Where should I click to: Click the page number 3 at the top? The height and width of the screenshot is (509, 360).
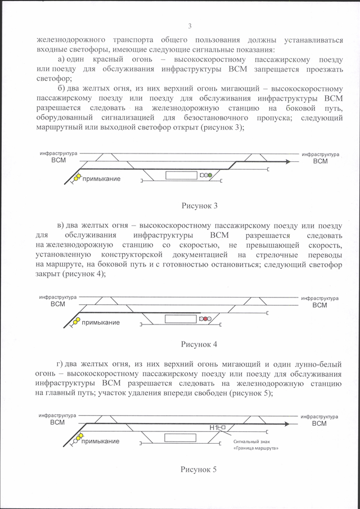tap(190, 26)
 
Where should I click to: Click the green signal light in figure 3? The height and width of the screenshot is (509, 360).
tap(210, 175)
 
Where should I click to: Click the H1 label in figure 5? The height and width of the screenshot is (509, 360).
tap(213, 428)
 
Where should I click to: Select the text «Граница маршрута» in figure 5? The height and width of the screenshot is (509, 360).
tap(256, 448)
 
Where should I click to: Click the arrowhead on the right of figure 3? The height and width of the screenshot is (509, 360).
tap(288, 161)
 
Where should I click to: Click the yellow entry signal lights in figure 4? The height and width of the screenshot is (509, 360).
tap(76, 321)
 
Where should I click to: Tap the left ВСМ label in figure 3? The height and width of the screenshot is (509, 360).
tap(58, 160)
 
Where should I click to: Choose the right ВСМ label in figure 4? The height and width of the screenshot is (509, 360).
tap(319, 305)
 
